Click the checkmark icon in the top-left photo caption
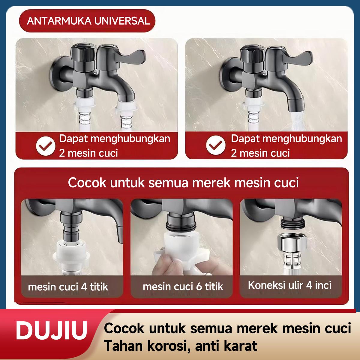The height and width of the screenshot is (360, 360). pos(45,146)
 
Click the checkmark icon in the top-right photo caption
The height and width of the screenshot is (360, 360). pos(216,146)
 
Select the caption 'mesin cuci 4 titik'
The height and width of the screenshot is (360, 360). pos(68,287)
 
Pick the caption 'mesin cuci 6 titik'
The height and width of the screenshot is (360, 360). pos(183,286)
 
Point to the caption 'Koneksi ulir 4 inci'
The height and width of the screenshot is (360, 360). pos(289,285)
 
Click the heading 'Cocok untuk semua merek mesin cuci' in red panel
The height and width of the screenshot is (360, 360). pos(183,183)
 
